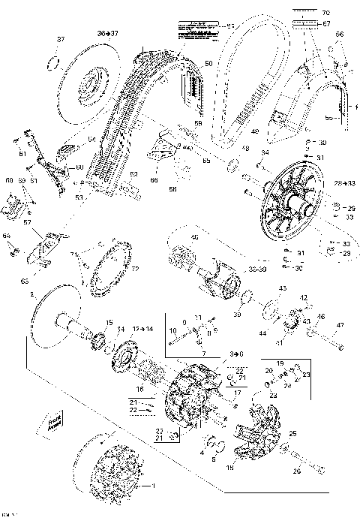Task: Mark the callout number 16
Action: [139, 389]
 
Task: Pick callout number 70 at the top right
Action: [325, 14]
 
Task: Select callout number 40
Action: [195, 238]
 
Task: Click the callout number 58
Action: [198, 122]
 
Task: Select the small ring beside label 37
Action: [52, 60]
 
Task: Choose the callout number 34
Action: [265, 154]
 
